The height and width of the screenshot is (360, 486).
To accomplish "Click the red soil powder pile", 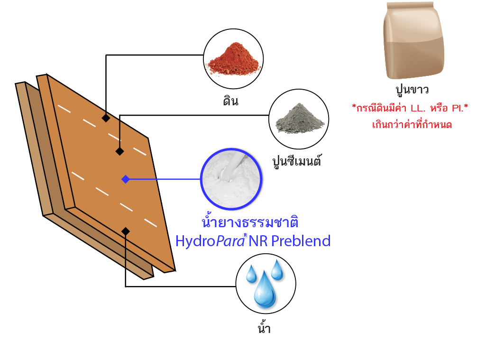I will pyautogui.click(x=234, y=59).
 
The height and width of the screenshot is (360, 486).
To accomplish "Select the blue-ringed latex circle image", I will pyautogui.click(x=232, y=179).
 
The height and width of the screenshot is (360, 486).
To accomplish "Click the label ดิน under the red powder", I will pyautogui.click(x=230, y=101).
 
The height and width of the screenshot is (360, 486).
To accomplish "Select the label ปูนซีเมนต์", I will pyautogui.click(x=297, y=160).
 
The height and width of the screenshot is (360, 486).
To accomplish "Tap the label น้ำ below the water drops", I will pyautogui.click(x=264, y=328).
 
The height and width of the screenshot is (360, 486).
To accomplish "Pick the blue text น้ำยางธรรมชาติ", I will pyautogui.click(x=250, y=223).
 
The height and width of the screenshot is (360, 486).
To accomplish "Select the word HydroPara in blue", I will pyautogui.click(x=210, y=241).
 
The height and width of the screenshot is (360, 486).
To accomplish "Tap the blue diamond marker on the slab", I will pyautogui.click(x=125, y=179).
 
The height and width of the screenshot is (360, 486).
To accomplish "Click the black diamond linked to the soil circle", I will pyautogui.click(x=106, y=118).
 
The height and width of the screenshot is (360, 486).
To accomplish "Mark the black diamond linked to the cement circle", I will pyautogui.click(x=119, y=151).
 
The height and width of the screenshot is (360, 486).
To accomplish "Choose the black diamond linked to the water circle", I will pyautogui.click(x=125, y=231).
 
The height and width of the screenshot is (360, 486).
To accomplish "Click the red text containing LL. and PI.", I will pyautogui.click(x=410, y=108).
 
